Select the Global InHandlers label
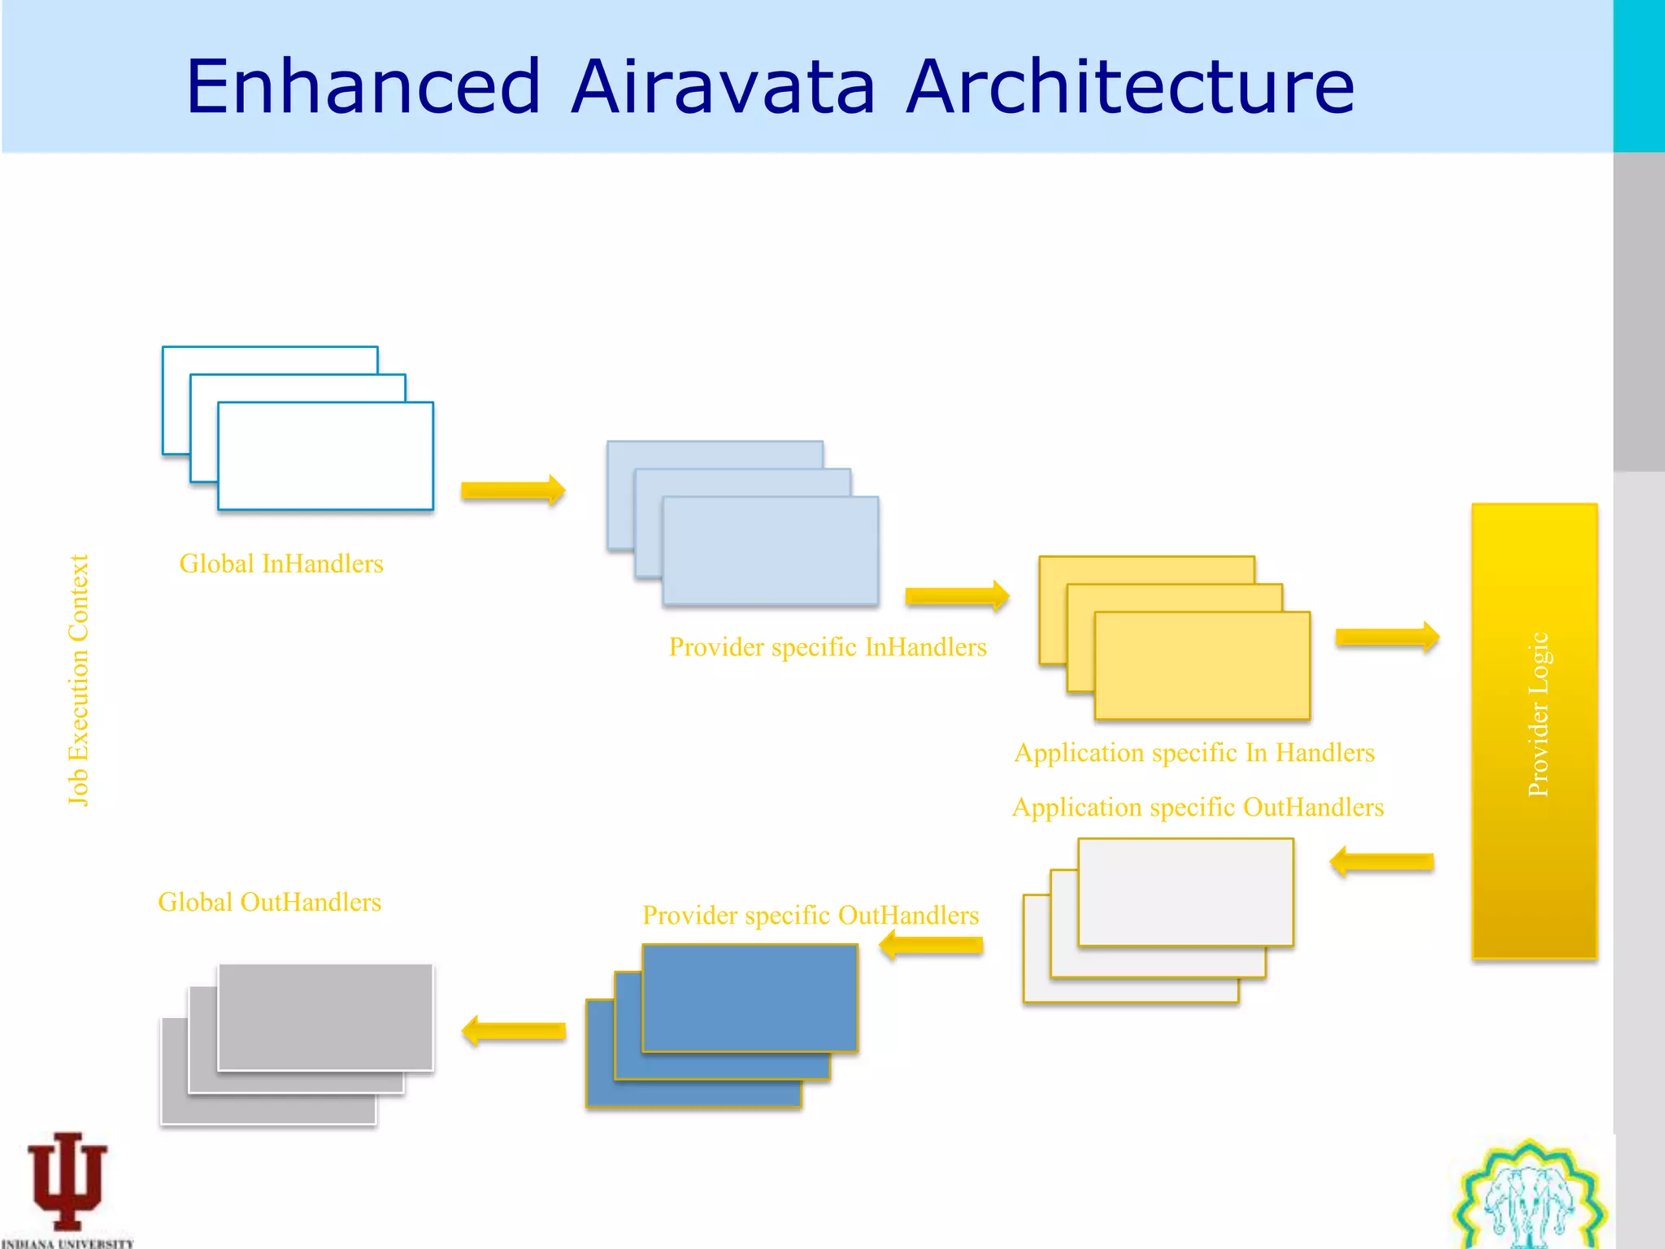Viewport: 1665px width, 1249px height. pos(281,564)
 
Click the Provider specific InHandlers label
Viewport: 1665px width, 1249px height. pos(827,647)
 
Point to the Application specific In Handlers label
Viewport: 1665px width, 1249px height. pos(1194,753)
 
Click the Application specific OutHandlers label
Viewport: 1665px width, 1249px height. pos(1198,807)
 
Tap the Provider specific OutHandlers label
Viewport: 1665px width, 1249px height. pos(810,916)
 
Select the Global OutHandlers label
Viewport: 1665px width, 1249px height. pos(269,903)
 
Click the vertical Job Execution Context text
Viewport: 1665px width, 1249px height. pos(78,680)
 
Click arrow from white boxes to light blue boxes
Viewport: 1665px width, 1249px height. pos(513,490)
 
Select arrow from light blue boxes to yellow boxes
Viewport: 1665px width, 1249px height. pos(957,596)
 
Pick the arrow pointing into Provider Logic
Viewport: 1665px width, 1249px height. pos(1387,637)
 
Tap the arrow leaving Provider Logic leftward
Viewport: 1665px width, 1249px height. pos(1382,862)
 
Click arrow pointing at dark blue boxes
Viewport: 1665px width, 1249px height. pos(931,945)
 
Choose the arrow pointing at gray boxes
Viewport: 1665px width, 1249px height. pos(513,1031)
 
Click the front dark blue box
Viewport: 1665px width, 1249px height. pos(750,997)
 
